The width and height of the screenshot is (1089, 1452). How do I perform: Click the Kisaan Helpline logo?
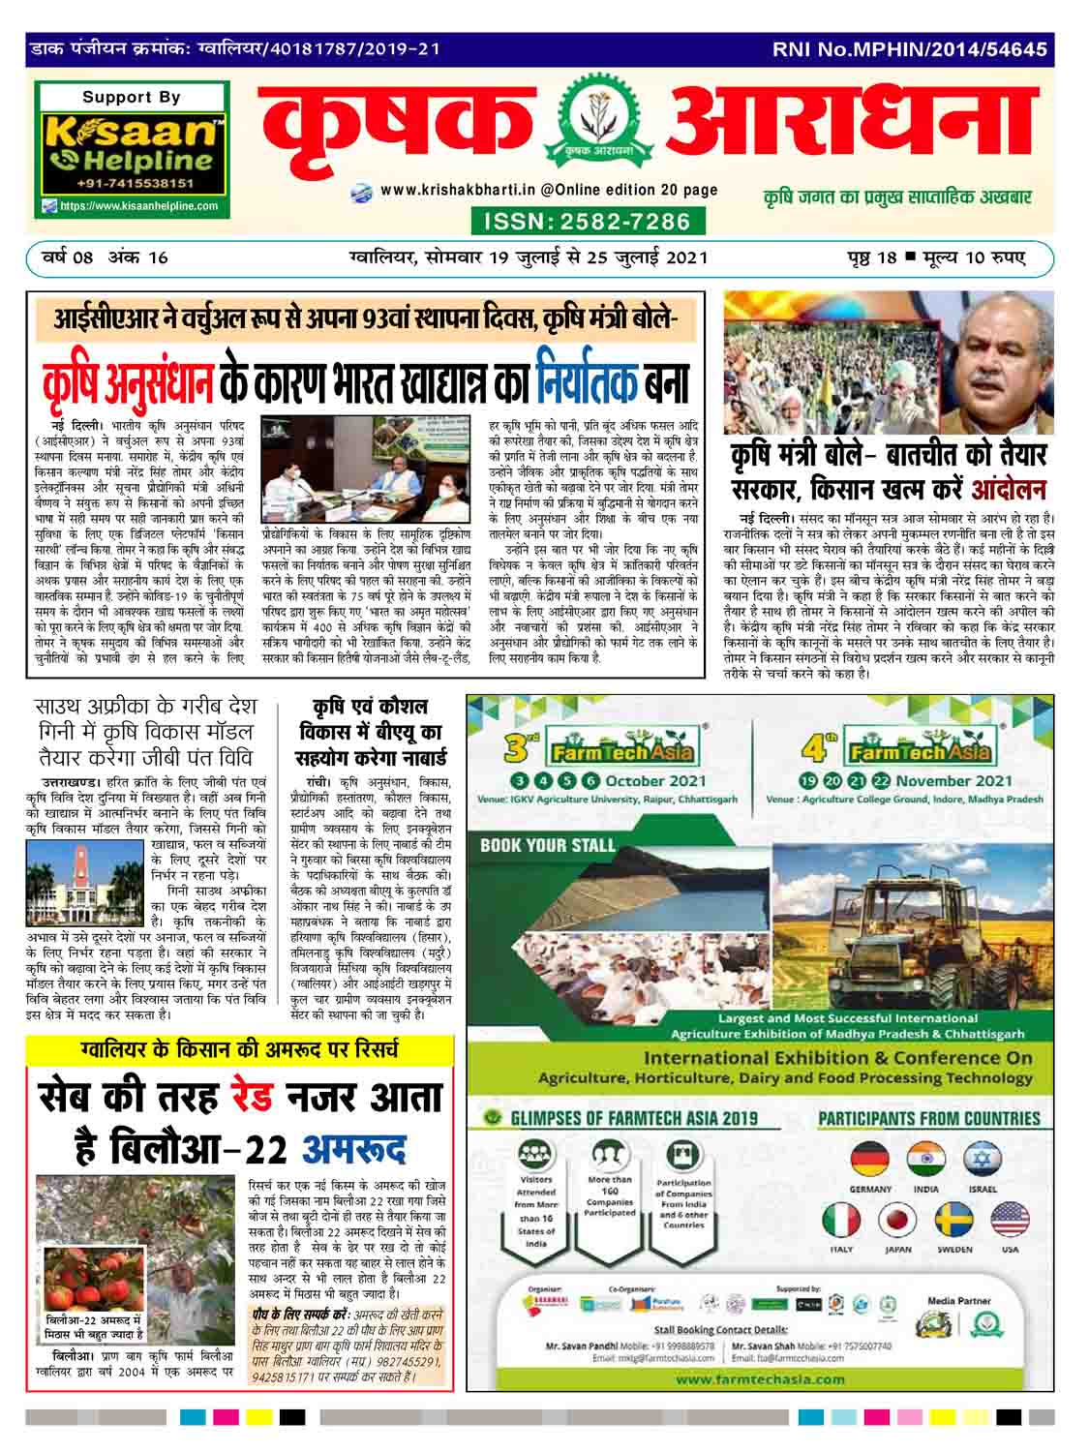(x=133, y=141)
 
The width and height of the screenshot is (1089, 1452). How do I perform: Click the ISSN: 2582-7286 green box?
(x=580, y=222)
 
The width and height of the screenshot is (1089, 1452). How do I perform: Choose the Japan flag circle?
(x=899, y=1222)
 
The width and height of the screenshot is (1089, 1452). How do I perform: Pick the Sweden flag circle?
(x=954, y=1222)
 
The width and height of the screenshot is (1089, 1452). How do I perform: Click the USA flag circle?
(x=1010, y=1222)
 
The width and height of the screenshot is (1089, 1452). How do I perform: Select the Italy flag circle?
(x=842, y=1222)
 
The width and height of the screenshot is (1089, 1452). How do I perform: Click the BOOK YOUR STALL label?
(x=548, y=845)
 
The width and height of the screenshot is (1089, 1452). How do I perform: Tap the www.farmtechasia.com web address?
(x=760, y=1378)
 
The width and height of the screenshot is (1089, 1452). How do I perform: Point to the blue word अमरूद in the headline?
(x=353, y=1148)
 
